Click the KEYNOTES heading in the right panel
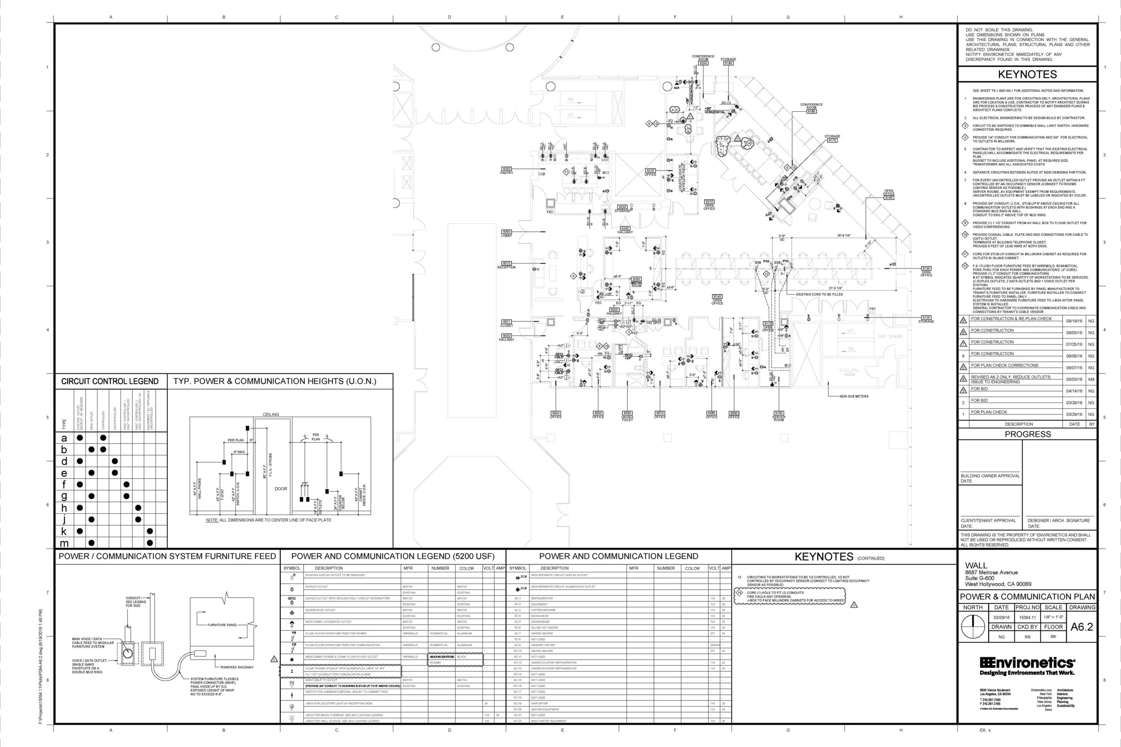1027,74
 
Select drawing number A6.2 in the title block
1082,627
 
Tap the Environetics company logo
1027,665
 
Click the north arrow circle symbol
972,627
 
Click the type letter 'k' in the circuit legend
64,531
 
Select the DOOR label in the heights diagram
281,489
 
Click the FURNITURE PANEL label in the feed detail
222,625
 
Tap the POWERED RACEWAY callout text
237,667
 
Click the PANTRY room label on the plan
507,173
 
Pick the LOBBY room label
507,235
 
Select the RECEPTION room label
507,267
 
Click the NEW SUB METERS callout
854,397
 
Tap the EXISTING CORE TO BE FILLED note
819,294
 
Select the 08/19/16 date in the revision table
1074,321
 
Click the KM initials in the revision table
1091,380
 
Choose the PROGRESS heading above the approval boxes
1028,434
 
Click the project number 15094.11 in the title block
1027,617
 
